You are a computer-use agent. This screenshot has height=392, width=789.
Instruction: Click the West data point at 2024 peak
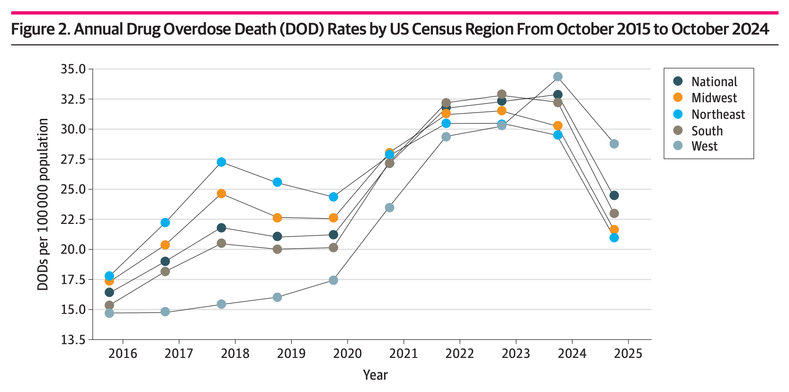tap(558, 77)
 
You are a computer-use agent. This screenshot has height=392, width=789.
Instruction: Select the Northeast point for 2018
tap(221, 162)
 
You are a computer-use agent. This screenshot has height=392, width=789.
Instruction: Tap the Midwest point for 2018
tap(221, 194)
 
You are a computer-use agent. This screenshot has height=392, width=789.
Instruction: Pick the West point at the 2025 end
tap(614, 144)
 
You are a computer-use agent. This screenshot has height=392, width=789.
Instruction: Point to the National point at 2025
tap(614, 196)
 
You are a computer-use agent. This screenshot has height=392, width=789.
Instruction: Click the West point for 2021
tap(389, 208)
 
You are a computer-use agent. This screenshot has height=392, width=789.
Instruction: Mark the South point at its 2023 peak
tap(502, 94)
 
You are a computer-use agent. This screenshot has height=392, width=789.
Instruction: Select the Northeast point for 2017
tap(165, 223)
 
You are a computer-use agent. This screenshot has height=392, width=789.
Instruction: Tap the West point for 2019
tap(277, 297)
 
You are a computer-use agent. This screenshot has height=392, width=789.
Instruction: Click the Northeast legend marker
tap(678, 114)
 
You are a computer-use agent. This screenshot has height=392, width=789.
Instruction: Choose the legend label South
tap(707, 131)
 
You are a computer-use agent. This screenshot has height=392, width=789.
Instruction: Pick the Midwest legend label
tap(714, 98)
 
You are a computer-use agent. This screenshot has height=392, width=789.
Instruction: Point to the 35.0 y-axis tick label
tap(73, 69)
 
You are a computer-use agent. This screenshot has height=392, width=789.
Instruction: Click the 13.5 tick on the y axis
tap(73, 339)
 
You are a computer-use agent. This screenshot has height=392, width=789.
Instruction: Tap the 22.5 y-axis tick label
tap(73, 220)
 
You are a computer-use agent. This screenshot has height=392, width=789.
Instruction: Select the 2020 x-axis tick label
tap(347, 354)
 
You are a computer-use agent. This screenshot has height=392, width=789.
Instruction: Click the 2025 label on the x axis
tap(628, 354)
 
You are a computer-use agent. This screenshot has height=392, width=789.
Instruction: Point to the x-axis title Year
tap(375, 375)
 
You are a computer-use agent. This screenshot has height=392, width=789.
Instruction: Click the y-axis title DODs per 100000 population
tap(43, 204)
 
